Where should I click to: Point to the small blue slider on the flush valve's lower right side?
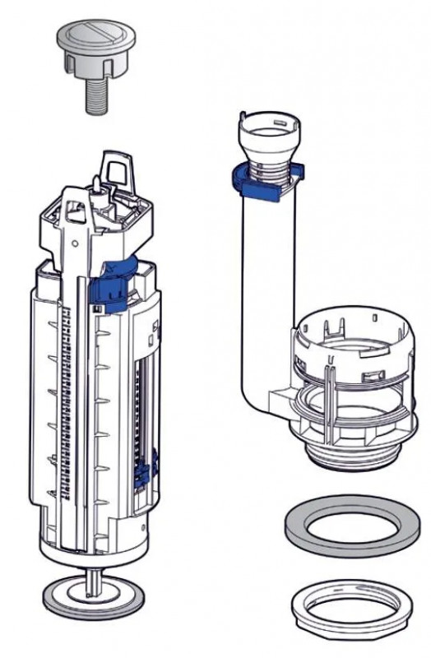[146, 471]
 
